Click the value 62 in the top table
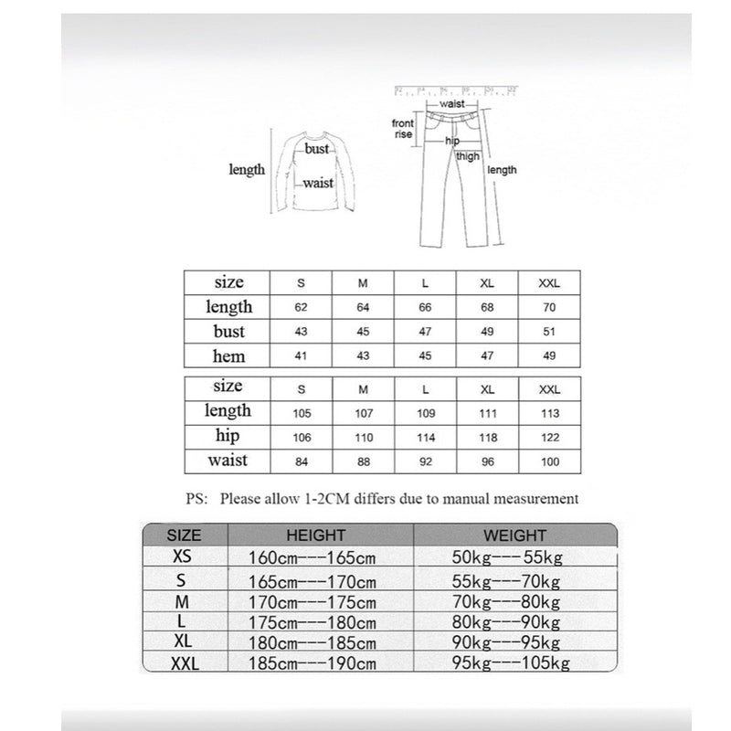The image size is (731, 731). (x=302, y=308)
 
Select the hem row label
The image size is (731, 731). (x=228, y=355)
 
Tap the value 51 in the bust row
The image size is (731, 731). (x=549, y=332)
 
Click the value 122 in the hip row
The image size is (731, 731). (x=549, y=438)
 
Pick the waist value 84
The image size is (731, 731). (x=302, y=461)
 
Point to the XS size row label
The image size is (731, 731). (x=184, y=556)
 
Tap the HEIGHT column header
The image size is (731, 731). (x=316, y=535)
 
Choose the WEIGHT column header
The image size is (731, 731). (x=515, y=535)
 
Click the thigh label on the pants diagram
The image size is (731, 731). (x=468, y=156)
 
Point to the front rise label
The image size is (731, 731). (x=403, y=129)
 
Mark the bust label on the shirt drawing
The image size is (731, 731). (x=317, y=148)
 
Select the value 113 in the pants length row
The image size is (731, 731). (x=549, y=413)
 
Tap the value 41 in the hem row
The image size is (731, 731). (x=302, y=356)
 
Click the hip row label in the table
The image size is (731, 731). (x=228, y=437)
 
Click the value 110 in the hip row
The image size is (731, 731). (x=363, y=438)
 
